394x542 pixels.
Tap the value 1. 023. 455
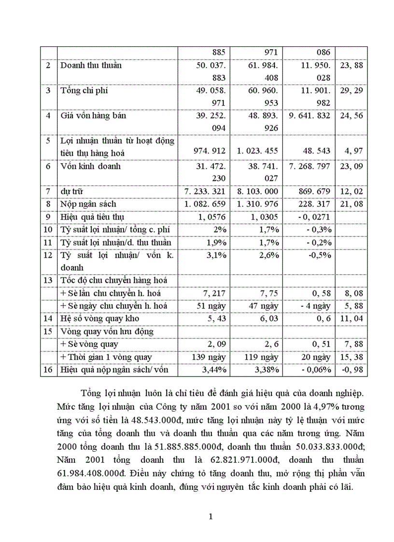click(257, 151)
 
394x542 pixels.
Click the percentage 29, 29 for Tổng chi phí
click(351, 90)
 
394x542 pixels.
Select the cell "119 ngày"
click(261, 357)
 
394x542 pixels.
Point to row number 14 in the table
click(48, 318)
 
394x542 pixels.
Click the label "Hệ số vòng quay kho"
click(97, 318)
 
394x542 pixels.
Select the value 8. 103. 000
click(257, 191)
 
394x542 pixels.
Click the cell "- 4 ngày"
click(315, 306)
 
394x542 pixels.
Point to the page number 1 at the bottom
click(210, 516)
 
